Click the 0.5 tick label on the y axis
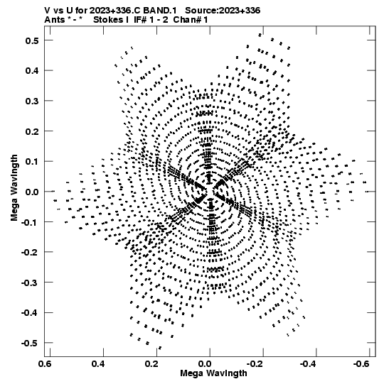(x=32, y=40)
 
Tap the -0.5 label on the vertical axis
(x=30, y=343)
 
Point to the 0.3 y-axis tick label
(x=32, y=101)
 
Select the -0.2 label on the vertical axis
(x=30, y=252)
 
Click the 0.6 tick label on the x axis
(x=46, y=363)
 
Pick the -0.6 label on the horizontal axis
(x=362, y=363)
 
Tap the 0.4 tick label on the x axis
(x=99, y=363)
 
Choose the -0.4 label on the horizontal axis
(x=309, y=363)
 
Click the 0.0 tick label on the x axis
(x=205, y=363)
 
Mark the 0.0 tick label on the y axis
(x=32, y=192)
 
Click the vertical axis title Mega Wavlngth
(x=14, y=188)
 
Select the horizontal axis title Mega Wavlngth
(x=213, y=373)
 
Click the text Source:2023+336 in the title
(x=223, y=11)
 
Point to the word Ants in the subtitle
(x=55, y=20)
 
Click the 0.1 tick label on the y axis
(x=32, y=162)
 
